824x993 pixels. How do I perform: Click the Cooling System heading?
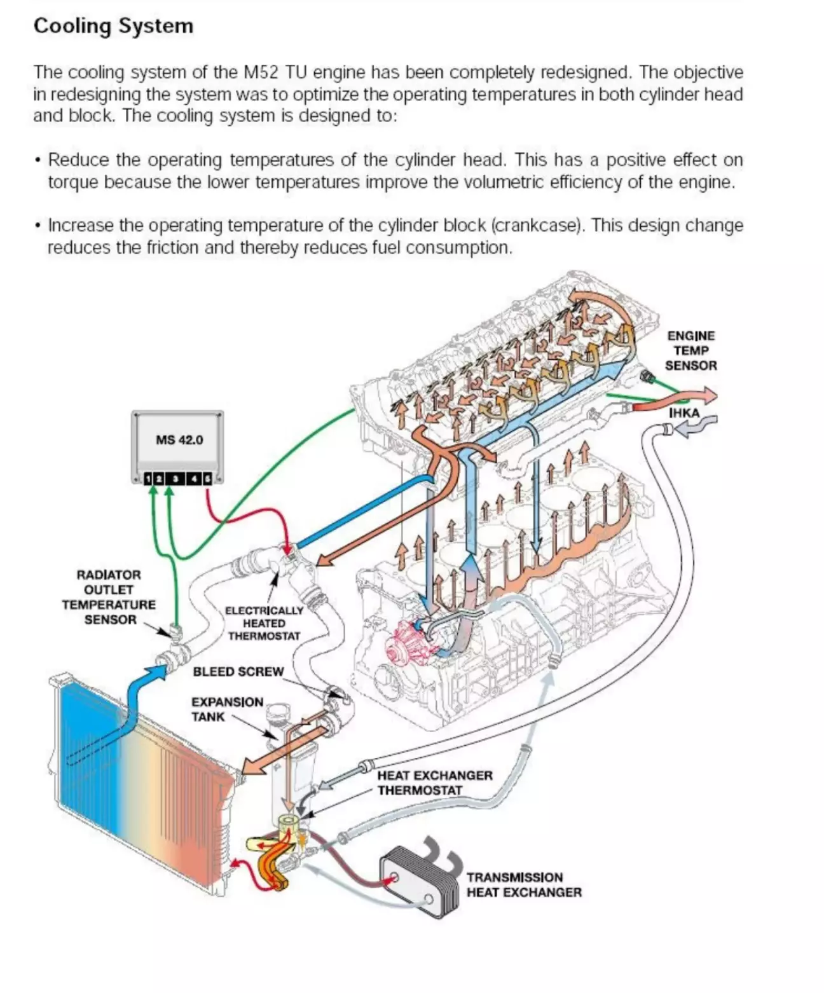coord(113,26)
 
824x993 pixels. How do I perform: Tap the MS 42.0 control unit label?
coord(179,440)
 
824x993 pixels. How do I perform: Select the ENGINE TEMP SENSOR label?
coord(690,350)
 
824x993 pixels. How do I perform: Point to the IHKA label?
coord(684,413)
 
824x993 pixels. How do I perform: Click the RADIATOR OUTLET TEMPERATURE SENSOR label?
coord(109,597)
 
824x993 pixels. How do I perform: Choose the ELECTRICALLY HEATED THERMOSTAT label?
coord(264,623)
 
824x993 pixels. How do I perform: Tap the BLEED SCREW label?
coord(238,672)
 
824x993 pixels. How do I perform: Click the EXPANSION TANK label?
coord(227,709)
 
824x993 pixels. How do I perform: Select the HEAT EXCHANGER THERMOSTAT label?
coord(435,783)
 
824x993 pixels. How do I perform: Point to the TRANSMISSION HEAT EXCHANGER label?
coord(524,885)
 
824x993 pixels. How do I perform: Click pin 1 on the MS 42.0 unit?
coord(148,479)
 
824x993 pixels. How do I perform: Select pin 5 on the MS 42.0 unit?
coord(207,479)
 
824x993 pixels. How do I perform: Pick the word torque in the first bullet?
coord(73,182)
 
